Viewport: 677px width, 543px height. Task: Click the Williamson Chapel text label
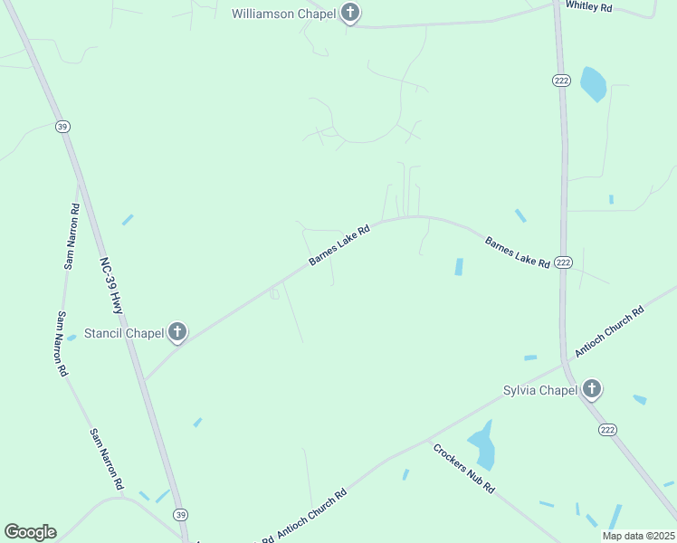coord(284,14)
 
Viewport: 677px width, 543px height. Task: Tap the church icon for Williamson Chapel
coord(351,14)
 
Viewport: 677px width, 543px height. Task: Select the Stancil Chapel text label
coord(124,333)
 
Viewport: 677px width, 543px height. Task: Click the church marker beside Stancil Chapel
coord(177,333)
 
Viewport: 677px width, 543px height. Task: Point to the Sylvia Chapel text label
coord(539,390)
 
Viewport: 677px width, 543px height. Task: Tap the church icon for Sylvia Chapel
coord(592,390)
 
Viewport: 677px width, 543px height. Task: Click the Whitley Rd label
coord(589,5)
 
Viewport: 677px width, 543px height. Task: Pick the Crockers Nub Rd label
coord(463,468)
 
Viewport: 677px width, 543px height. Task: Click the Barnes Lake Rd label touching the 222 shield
coord(517,252)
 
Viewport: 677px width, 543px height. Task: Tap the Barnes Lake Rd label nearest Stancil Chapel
coord(339,245)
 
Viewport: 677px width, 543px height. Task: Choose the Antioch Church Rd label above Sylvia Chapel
coord(608,330)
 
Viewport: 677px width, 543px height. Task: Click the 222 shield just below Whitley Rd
coord(560,80)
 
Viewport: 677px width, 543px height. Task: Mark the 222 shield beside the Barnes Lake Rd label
coord(563,262)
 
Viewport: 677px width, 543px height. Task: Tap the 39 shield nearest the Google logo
coord(180,514)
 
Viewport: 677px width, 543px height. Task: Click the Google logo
coord(30,532)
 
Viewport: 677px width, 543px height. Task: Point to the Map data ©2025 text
coord(637,536)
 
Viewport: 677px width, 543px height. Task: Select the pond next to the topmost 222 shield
coord(593,84)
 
